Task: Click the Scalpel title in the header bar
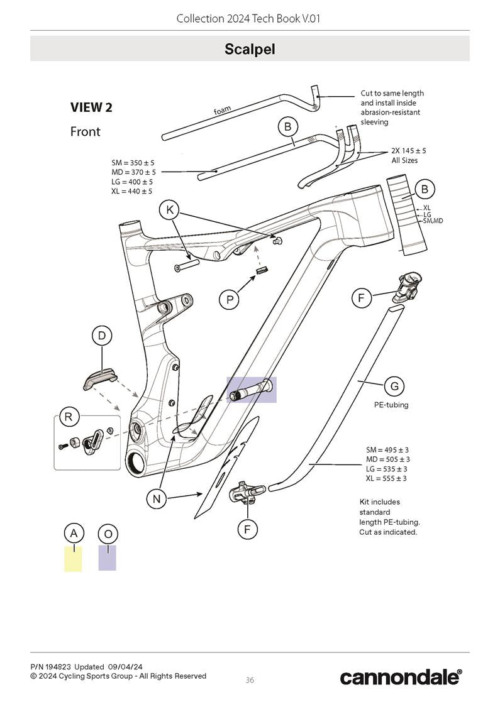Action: pyautogui.click(x=250, y=49)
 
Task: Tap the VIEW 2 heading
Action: pyautogui.click(x=91, y=107)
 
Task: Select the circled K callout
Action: pyautogui.click(x=169, y=210)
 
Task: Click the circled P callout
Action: pyautogui.click(x=230, y=300)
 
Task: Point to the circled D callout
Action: pyautogui.click(x=102, y=336)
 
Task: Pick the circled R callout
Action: pyautogui.click(x=68, y=416)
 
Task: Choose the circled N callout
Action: pyautogui.click(x=156, y=499)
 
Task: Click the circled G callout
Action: pyautogui.click(x=394, y=386)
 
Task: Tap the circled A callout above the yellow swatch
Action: pyautogui.click(x=74, y=534)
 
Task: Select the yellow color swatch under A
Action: pyautogui.click(x=73, y=559)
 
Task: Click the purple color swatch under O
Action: pyautogui.click(x=108, y=558)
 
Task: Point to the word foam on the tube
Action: pyautogui.click(x=222, y=111)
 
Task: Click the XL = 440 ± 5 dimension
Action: pyautogui.click(x=132, y=191)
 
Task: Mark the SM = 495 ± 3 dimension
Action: pyautogui.click(x=387, y=450)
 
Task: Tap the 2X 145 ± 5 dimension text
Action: pyautogui.click(x=408, y=151)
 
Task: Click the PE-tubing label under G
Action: pyautogui.click(x=391, y=405)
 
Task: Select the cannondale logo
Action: pyautogui.click(x=401, y=677)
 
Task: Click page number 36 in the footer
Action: pyautogui.click(x=250, y=680)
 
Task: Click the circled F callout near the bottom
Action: pyautogui.click(x=247, y=529)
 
